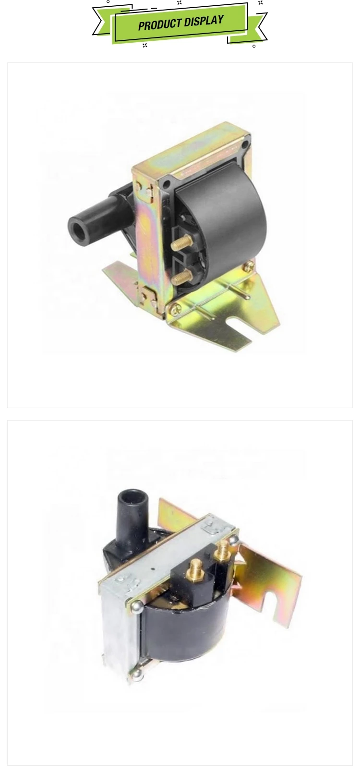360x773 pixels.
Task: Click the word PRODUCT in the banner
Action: (x=159, y=24)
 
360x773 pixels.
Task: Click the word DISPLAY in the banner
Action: (x=204, y=22)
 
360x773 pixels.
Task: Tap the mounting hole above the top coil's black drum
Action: (x=168, y=183)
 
